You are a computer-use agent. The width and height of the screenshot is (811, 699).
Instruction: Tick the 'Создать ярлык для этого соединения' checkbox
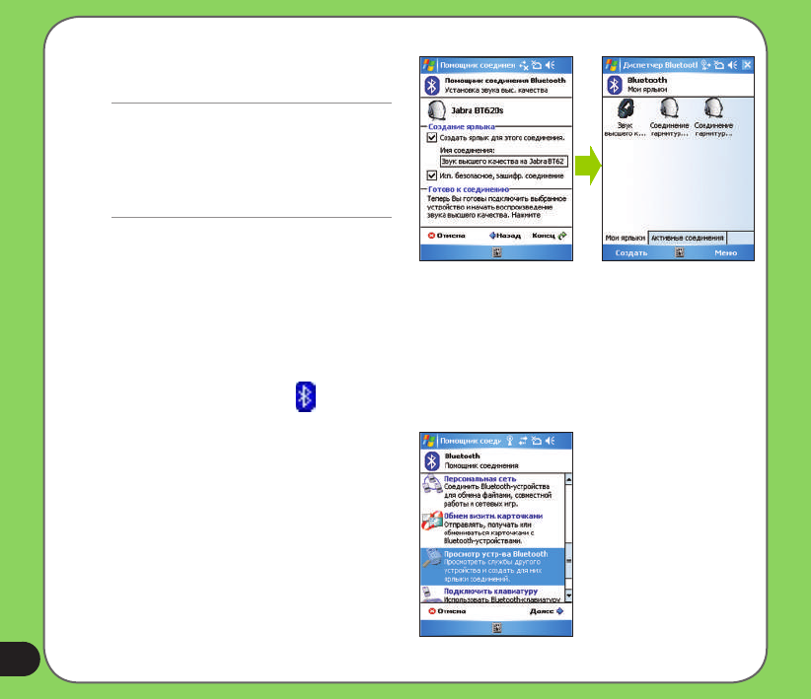(x=432, y=138)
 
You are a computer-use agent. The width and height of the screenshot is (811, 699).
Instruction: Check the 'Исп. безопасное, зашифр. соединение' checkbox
(x=432, y=175)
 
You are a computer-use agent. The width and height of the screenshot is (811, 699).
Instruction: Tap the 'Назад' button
(x=504, y=237)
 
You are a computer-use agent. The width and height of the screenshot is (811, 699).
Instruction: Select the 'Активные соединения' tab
(x=688, y=238)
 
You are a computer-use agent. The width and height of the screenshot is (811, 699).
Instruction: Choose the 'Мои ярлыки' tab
(x=625, y=238)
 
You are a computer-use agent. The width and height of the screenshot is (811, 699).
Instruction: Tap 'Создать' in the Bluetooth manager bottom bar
(x=631, y=252)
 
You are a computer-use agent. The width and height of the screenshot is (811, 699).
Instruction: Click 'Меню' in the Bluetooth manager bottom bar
(x=726, y=252)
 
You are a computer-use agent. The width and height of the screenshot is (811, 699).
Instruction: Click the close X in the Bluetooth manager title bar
(x=747, y=65)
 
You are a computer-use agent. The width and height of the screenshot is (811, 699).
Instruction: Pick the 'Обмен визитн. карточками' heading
(x=493, y=516)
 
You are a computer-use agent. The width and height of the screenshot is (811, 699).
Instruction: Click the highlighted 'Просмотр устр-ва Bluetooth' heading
(x=496, y=554)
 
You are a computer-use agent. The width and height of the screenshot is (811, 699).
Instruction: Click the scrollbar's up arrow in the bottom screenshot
(x=569, y=479)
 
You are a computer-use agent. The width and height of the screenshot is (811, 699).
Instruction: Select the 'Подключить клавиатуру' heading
(x=488, y=592)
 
